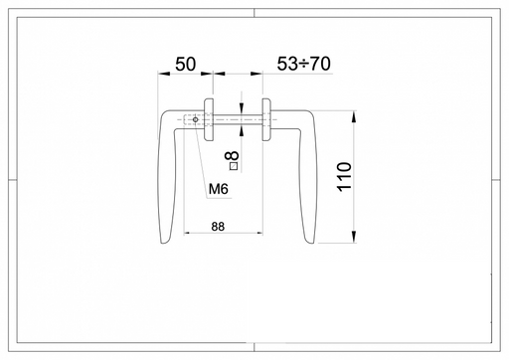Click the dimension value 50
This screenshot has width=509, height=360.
click(185, 64)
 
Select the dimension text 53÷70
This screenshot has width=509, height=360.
click(303, 64)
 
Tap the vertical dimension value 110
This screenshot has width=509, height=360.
click(344, 176)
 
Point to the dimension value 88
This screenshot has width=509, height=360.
click(218, 227)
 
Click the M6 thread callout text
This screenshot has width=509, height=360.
click(219, 189)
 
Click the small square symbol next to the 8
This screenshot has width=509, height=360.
click(234, 166)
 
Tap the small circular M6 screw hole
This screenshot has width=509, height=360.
click(196, 119)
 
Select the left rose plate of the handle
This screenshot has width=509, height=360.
click(209, 119)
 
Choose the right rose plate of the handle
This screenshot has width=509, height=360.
click(266, 119)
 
